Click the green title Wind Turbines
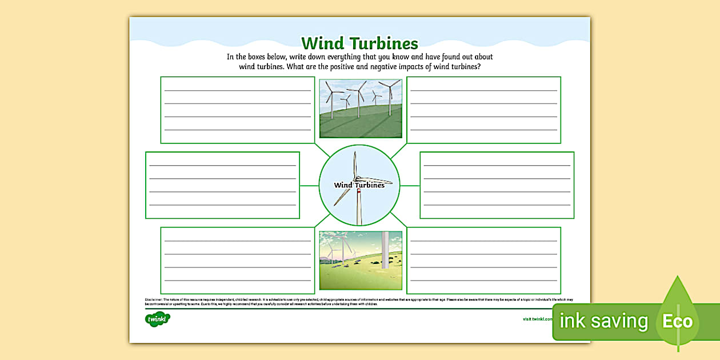tap(359, 43)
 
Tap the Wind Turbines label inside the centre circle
tap(359, 185)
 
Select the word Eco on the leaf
tap(677, 321)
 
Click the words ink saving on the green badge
tap(603, 321)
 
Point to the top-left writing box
tap(238, 110)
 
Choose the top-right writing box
tap(483, 110)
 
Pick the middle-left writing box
tap(222, 185)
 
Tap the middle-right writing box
tap(497, 185)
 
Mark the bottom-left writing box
tap(238, 261)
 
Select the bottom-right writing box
tap(483, 261)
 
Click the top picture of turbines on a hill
tap(360, 109)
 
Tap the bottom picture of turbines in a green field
tap(360, 260)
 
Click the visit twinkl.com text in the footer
tap(537, 319)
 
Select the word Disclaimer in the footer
tap(154, 299)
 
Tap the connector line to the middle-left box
tap(309, 185)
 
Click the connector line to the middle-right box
tap(410, 185)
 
